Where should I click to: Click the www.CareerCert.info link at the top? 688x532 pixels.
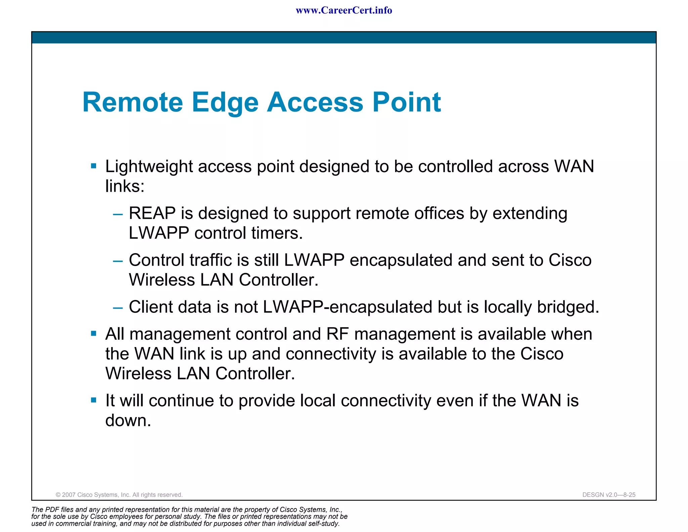click(344, 10)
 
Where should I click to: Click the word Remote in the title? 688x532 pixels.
click(133, 102)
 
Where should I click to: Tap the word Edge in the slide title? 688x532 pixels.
click(225, 102)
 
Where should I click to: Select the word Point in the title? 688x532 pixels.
click(406, 102)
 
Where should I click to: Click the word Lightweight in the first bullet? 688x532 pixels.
click(149, 166)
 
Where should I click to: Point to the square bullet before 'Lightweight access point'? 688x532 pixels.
click(94, 166)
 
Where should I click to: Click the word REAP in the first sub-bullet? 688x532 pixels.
click(152, 213)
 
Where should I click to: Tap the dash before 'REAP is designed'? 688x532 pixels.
click(118, 214)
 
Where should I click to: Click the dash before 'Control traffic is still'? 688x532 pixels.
click(118, 261)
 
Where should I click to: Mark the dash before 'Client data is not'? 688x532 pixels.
click(118, 307)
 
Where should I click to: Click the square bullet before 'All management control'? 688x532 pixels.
click(94, 334)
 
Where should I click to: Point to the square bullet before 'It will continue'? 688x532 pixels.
click(94, 400)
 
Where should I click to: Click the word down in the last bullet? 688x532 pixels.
click(128, 420)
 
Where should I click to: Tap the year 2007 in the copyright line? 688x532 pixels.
click(69, 495)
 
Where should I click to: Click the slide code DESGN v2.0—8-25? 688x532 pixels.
click(609, 495)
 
